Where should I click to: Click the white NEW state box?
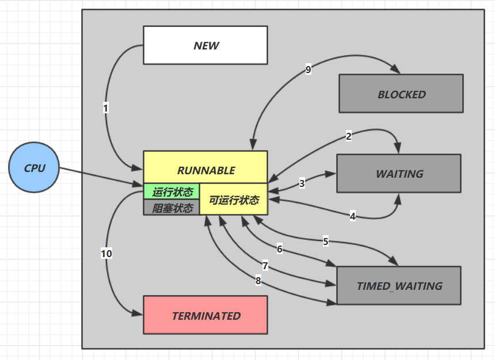205,45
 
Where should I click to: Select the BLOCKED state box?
401,94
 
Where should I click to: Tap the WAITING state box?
399,173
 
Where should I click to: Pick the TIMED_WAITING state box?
399,285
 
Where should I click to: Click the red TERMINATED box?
205,315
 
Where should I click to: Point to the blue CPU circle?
34,168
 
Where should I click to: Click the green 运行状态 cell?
172,191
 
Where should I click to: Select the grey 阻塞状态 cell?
172,208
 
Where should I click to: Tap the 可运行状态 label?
234,200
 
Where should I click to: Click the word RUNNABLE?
205,170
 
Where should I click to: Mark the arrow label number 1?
106,108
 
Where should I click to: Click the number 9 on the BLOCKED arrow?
309,70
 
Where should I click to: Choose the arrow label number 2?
348,136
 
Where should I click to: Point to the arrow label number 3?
302,184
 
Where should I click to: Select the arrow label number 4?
353,216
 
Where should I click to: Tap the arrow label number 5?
325,242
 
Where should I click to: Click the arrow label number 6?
280,249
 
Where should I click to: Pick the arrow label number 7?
265,266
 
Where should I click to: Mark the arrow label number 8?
258,281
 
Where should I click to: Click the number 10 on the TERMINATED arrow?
106,253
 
